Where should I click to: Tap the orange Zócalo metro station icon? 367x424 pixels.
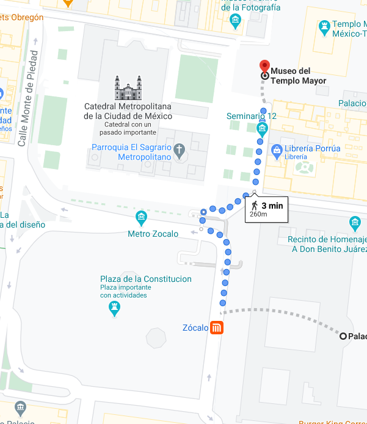216,328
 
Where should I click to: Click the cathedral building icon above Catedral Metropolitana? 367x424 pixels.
128,88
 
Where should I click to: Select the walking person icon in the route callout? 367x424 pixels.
254,206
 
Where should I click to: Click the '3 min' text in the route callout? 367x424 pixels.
272,206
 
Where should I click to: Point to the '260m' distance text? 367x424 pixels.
259,214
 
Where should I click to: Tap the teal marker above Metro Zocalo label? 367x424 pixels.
142,218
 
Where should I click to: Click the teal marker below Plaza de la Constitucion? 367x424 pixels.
114,309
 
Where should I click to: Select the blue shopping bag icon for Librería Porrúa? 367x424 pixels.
277,149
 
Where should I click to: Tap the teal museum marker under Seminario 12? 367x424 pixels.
262,129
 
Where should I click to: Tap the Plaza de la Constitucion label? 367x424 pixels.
146,279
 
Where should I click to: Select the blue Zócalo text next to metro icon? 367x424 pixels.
195,328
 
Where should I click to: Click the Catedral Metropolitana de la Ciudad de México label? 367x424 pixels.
128,110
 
